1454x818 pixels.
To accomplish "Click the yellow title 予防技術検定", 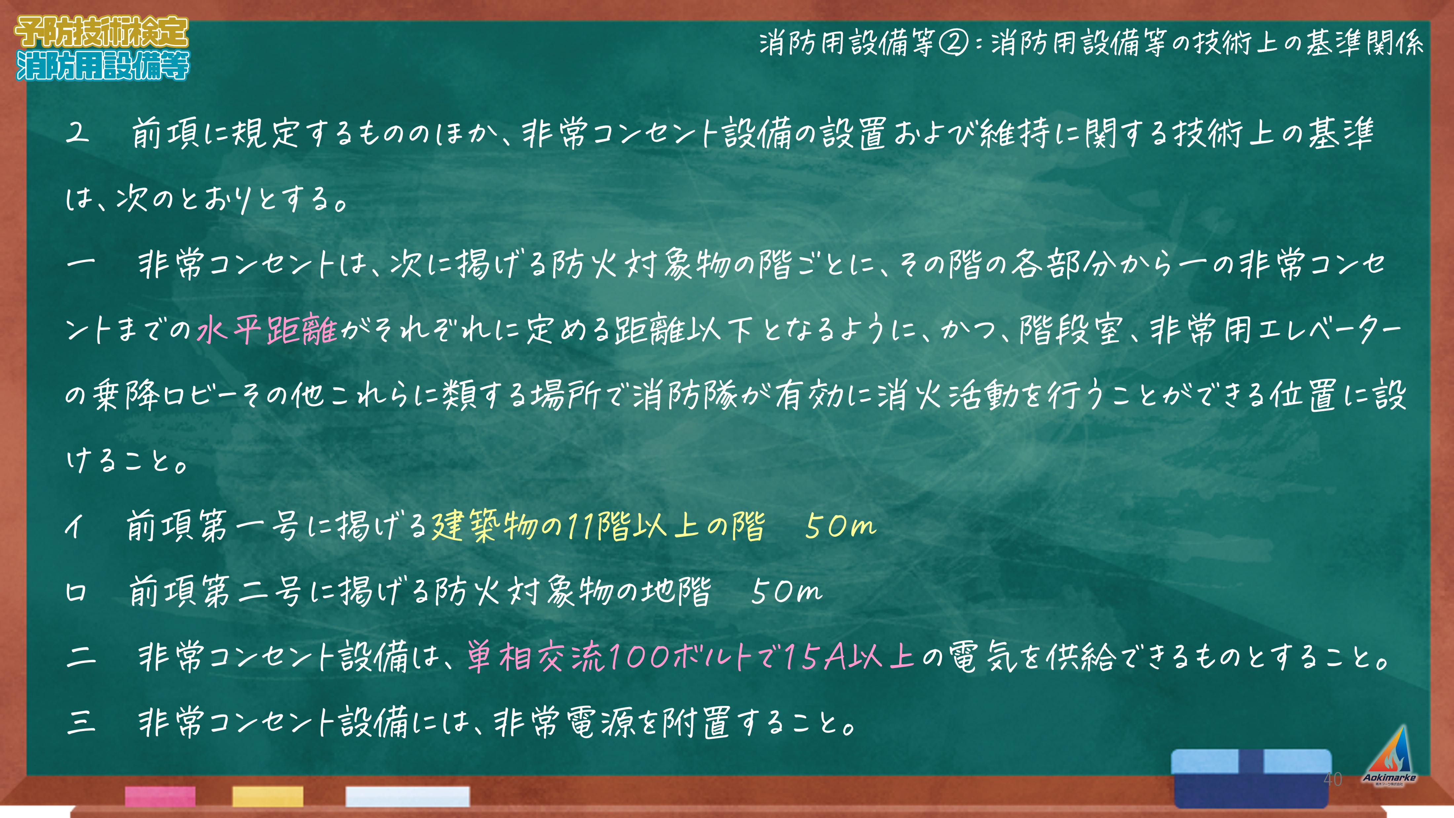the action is coord(101,32).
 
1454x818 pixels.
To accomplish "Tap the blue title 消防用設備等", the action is coord(103,65).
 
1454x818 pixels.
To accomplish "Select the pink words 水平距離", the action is coord(267,330).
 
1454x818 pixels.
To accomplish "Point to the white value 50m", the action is coord(786,592).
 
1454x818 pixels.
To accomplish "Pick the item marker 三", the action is coord(81,722).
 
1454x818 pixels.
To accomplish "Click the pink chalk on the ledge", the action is coord(160,796).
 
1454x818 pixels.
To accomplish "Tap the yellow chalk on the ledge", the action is coord(268,796).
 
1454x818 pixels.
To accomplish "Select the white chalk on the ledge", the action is coord(407,796).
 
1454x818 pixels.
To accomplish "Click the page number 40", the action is coord(1333,779).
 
